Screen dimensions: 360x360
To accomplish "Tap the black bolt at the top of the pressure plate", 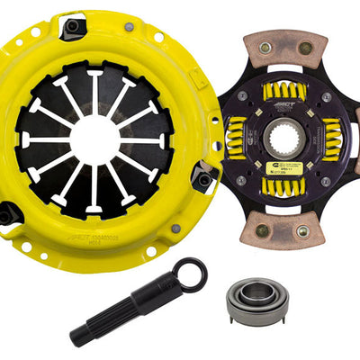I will coord(71,28).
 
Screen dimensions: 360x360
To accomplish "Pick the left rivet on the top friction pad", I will coord(266,49).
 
